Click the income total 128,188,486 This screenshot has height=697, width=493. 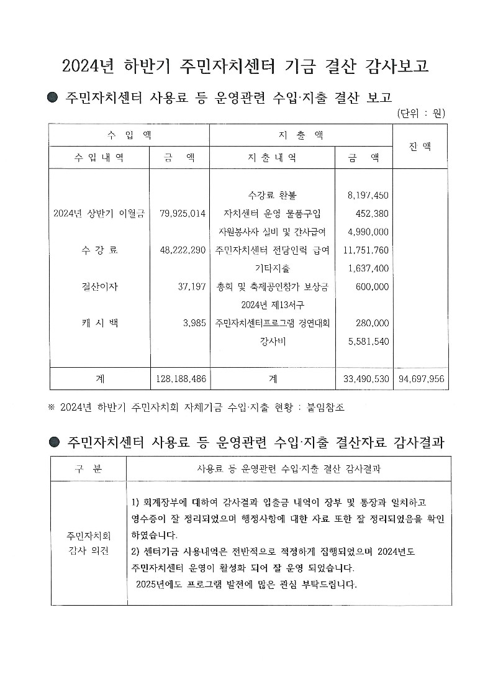tap(179, 378)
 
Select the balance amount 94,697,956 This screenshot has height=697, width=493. tap(420, 378)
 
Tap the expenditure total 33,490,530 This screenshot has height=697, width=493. tap(366, 378)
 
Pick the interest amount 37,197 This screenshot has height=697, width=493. tap(192, 287)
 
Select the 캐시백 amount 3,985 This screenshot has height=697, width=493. tap(194, 323)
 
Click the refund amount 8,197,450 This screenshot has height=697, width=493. tap(368, 196)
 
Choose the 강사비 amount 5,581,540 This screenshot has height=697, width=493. tap(368, 341)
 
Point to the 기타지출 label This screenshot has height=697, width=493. tap(272, 268)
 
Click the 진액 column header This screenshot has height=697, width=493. tap(420, 147)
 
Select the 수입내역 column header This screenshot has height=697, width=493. tap(99, 158)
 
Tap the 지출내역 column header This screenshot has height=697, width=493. tap(272, 158)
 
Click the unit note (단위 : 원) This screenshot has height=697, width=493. tap(420, 113)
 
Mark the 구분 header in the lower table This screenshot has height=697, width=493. tap(89, 469)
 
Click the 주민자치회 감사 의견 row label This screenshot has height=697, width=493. tap(89, 543)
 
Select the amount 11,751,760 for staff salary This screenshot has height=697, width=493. tap(366, 250)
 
